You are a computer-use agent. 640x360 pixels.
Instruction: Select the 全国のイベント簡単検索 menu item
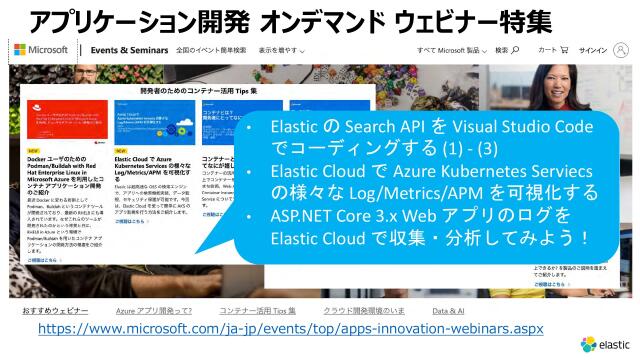[x=211, y=50]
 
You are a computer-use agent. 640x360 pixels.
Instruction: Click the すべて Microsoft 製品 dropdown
[x=450, y=50]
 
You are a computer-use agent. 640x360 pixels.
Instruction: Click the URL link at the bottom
[x=290, y=328]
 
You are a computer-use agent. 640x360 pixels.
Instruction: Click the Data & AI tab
[x=448, y=311]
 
